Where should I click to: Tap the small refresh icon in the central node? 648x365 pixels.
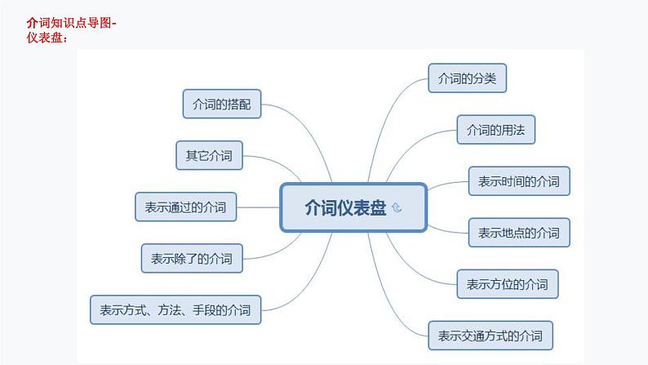pyautogui.click(x=397, y=208)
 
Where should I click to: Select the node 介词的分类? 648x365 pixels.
pyautogui.click(x=468, y=79)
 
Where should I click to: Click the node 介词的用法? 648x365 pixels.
pyautogui.click(x=495, y=130)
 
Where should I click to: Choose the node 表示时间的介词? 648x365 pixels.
pyautogui.click(x=518, y=181)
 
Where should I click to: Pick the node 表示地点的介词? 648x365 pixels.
pyautogui.click(x=518, y=233)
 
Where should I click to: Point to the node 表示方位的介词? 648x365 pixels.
pyautogui.click(x=507, y=284)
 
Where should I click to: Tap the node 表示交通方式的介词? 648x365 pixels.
pyautogui.click(x=490, y=335)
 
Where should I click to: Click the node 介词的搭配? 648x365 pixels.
pyautogui.click(x=221, y=105)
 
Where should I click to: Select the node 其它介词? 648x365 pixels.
pyautogui.click(x=209, y=155)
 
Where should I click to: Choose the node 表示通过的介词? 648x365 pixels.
pyautogui.click(x=185, y=207)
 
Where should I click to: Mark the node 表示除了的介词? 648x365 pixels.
pyautogui.click(x=192, y=258)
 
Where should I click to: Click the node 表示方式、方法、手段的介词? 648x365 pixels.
pyautogui.click(x=175, y=309)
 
